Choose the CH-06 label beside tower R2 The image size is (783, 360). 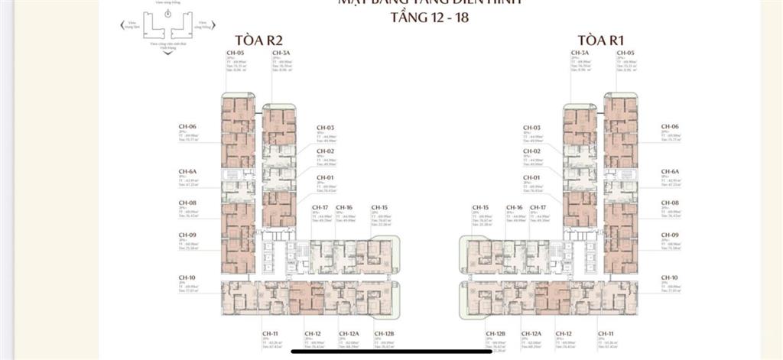187,126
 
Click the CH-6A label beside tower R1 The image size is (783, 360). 670,172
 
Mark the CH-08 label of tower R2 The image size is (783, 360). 187,203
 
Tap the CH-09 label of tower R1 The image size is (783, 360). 670,235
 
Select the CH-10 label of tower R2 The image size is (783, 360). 187,277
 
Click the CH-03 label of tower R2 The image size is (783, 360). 326,128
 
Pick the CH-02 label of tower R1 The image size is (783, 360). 531,151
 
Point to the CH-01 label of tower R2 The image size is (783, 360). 326,177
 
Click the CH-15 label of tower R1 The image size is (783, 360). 480,207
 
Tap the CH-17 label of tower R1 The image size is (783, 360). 538,207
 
